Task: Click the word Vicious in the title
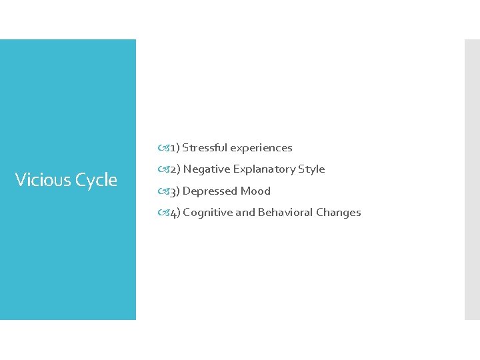pyautogui.click(x=42, y=179)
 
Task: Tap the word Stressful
pyautogui.click(x=205, y=147)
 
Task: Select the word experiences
pyautogui.click(x=261, y=147)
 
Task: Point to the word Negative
pyautogui.click(x=207, y=169)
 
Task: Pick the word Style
pyautogui.click(x=312, y=169)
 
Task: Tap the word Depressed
pyautogui.click(x=210, y=191)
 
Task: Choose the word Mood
pyautogui.click(x=255, y=191)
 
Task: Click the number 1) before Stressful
pyautogui.click(x=174, y=147)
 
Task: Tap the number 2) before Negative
pyautogui.click(x=175, y=169)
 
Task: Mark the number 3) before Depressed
pyautogui.click(x=175, y=191)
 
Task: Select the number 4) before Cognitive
pyautogui.click(x=175, y=213)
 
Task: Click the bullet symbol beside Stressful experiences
pyautogui.click(x=164, y=147)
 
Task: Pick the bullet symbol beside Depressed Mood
pyautogui.click(x=164, y=191)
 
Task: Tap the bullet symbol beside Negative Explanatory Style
pyautogui.click(x=164, y=169)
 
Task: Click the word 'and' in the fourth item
pyautogui.click(x=245, y=212)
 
